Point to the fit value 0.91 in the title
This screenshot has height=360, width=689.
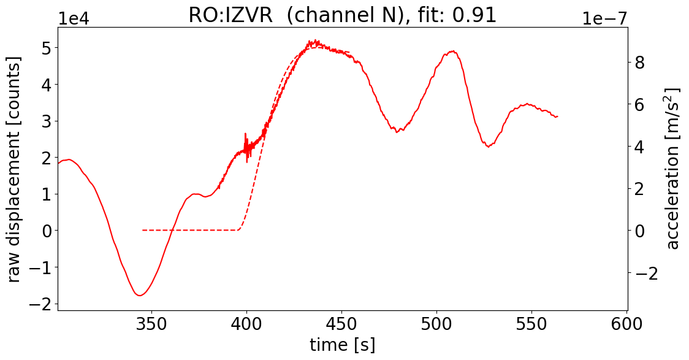472,15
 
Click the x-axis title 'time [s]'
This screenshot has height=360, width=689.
342,345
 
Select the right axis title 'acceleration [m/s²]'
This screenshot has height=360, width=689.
673,169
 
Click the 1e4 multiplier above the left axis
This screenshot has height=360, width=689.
74,18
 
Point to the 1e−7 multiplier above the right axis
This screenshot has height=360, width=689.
604,18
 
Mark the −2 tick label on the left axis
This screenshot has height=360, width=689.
38,304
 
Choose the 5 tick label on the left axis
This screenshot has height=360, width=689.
45,48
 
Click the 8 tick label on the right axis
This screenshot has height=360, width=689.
638,63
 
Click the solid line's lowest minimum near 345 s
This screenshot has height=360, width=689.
140,296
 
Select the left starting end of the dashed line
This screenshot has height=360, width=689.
143,230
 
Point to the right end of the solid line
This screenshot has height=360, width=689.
557,117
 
